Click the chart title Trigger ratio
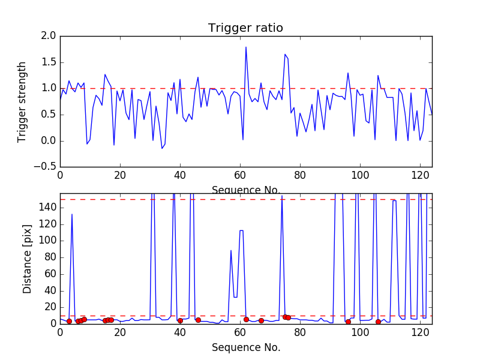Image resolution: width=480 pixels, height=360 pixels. (245, 28)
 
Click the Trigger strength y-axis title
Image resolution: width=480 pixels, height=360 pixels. (22, 101)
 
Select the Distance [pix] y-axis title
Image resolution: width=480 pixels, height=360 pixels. (28, 258)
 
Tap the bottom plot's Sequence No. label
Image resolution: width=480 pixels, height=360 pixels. (245, 347)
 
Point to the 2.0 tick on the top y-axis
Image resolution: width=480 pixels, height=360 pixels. (49, 36)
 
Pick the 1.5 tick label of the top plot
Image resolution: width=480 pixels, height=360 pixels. (49, 62)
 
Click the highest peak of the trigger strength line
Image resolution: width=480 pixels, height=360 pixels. (246, 47)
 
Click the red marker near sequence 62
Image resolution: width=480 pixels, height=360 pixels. (246, 319)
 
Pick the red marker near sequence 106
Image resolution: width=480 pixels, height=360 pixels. (378, 322)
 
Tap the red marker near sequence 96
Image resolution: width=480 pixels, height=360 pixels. (348, 322)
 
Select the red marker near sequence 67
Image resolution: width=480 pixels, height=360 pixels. (261, 320)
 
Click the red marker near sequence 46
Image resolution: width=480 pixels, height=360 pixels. (198, 320)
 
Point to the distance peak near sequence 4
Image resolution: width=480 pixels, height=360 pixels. (72, 214)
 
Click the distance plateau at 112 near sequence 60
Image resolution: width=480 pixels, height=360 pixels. (241, 230)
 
